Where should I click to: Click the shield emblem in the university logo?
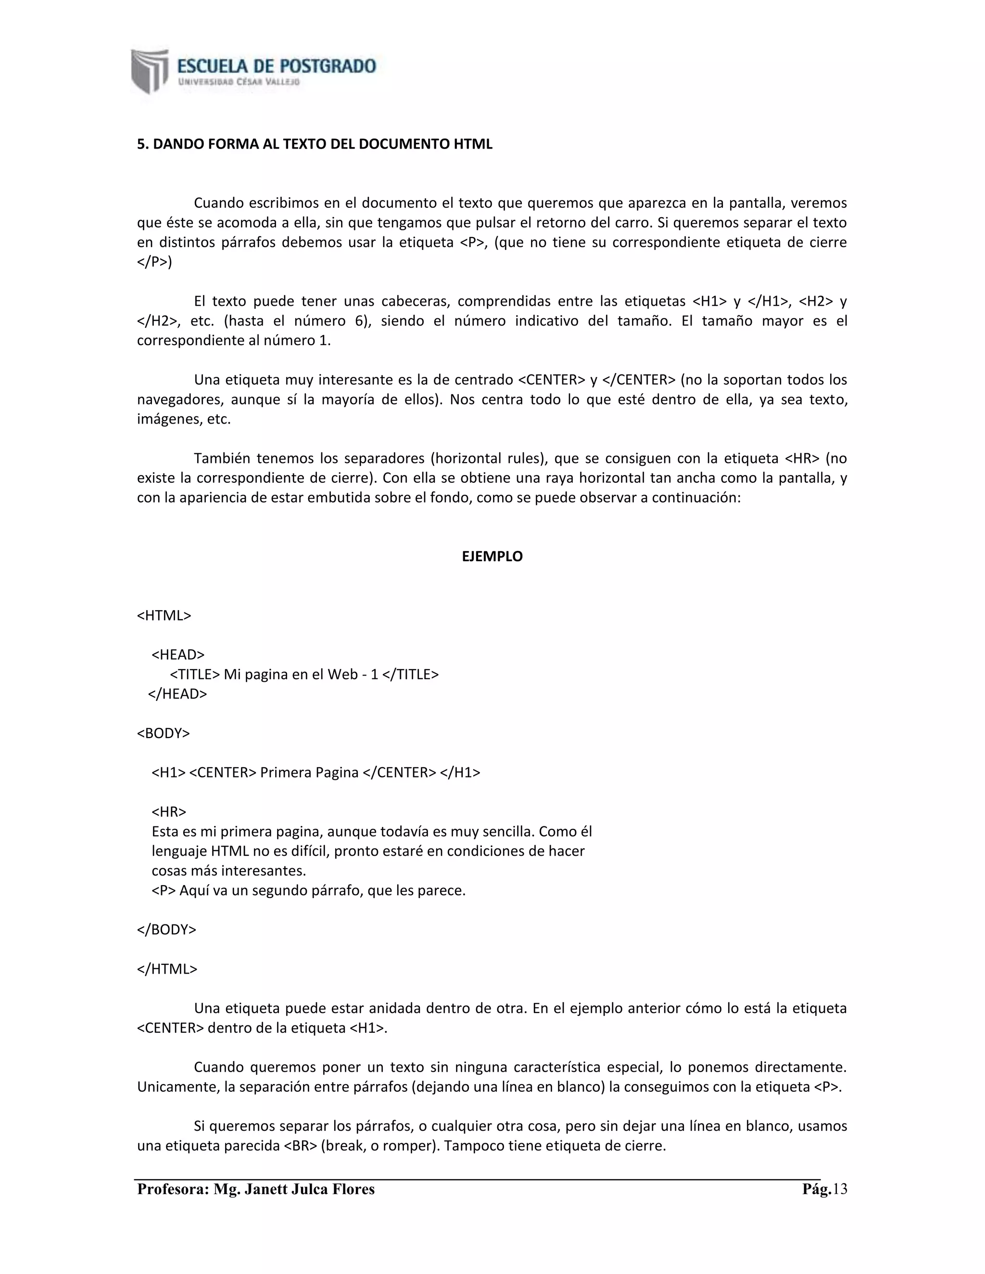pyautogui.click(x=150, y=71)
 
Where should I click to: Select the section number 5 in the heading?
pyautogui.click(x=140, y=144)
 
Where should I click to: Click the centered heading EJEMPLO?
pyautogui.click(x=492, y=557)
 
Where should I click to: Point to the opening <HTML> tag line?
pyautogui.click(x=164, y=615)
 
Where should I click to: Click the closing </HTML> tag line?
pyautogui.click(x=167, y=969)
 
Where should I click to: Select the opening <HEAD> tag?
pyautogui.click(x=178, y=654)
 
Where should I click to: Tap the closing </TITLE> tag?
pyautogui.click(x=410, y=674)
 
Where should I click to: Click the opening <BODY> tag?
pyautogui.click(x=164, y=733)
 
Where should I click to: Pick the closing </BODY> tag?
pyautogui.click(x=166, y=929)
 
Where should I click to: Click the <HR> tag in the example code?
pyautogui.click(x=169, y=812)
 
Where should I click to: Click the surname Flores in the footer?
pyautogui.click(x=353, y=1189)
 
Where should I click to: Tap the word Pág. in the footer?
pyautogui.click(x=816, y=1189)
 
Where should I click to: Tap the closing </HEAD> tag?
pyautogui.click(x=177, y=694)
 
